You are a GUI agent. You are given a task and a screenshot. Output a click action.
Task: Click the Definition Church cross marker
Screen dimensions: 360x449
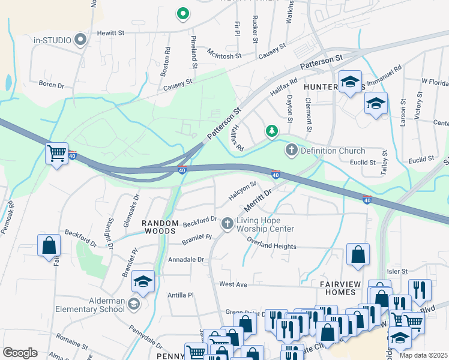(292, 150)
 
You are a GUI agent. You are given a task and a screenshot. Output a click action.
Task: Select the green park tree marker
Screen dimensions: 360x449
(272, 130)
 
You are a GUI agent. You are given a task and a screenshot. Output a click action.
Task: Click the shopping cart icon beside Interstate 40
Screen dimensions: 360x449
(56, 154)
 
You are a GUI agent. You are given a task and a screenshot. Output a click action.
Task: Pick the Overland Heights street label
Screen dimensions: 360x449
(272, 246)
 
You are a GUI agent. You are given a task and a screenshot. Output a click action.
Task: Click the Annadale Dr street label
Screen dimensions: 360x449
(186, 260)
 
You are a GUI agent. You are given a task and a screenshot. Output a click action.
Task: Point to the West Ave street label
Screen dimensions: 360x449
(234, 284)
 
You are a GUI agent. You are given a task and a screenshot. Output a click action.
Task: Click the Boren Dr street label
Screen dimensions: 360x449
(51, 85)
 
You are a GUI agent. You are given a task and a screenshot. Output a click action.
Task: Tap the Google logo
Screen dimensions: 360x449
(20, 353)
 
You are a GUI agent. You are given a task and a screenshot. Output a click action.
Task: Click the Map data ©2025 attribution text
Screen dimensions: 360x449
(423, 355)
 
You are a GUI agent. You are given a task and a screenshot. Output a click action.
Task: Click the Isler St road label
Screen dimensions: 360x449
(397, 271)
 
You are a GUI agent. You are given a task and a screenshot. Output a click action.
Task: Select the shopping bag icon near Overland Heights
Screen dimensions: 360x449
(358, 254)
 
